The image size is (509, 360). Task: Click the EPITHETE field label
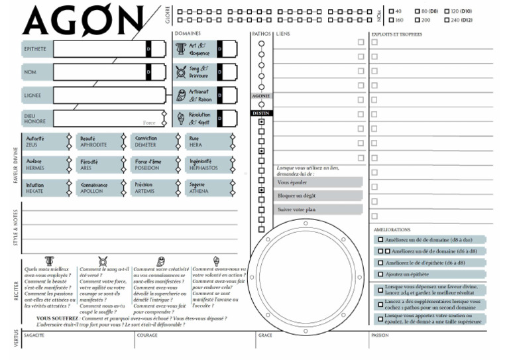click(x=34, y=49)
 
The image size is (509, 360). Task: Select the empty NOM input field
click(x=99, y=72)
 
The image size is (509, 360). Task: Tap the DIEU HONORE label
click(x=34, y=117)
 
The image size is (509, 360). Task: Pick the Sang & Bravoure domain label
click(x=199, y=72)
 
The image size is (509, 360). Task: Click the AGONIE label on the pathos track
click(x=261, y=96)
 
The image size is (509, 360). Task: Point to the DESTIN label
click(x=261, y=113)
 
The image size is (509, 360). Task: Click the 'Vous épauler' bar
click(x=319, y=182)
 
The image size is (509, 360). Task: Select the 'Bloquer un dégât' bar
click(x=319, y=196)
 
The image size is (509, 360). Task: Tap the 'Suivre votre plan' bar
click(x=319, y=210)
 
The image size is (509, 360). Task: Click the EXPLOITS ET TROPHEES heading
click(x=398, y=34)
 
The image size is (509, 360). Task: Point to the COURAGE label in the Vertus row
click(x=147, y=335)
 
